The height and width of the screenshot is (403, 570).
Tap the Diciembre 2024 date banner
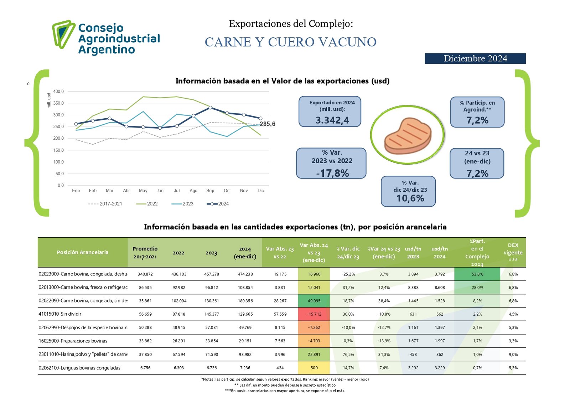[475, 58]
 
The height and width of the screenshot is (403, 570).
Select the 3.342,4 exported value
[332, 120]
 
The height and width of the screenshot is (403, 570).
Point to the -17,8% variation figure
[332, 173]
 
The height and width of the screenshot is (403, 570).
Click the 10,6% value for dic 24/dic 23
[410, 198]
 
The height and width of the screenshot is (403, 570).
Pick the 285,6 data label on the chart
[268, 124]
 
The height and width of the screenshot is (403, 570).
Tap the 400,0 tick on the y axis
[58, 92]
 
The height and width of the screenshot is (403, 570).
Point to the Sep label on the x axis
[210, 191]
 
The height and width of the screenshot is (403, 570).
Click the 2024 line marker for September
[210, 108]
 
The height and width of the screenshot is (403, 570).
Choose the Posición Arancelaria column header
[83, 252]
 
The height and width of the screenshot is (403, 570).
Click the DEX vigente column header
[513, 252]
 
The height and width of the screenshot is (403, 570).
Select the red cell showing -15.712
[314, 314]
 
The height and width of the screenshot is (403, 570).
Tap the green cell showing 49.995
[314, 301]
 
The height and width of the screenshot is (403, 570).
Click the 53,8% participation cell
[477, 274]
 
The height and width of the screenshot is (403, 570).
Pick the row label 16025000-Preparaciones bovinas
[73, 341]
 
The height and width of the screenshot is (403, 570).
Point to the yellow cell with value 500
[314, 368]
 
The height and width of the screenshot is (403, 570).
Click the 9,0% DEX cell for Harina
[513, 355]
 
